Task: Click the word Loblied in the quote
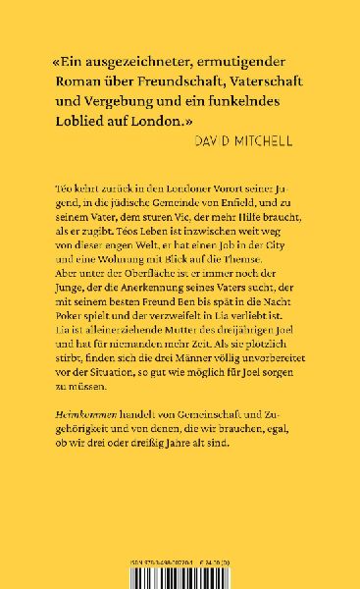click(78, 122)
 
